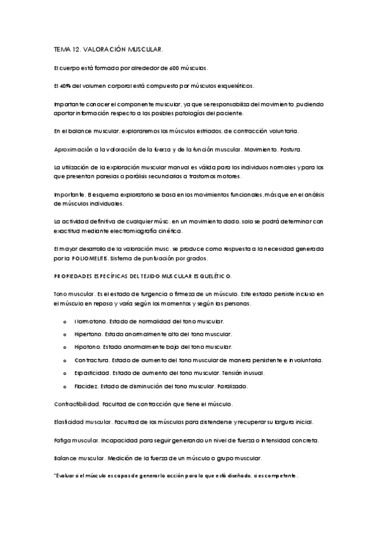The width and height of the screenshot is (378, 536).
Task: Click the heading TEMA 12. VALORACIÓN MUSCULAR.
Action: coord(109,48)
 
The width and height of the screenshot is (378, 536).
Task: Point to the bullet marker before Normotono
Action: coord(65,322)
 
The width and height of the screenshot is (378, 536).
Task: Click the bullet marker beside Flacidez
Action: coord(65,385)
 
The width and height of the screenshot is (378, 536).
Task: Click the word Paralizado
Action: coord(233,385)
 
